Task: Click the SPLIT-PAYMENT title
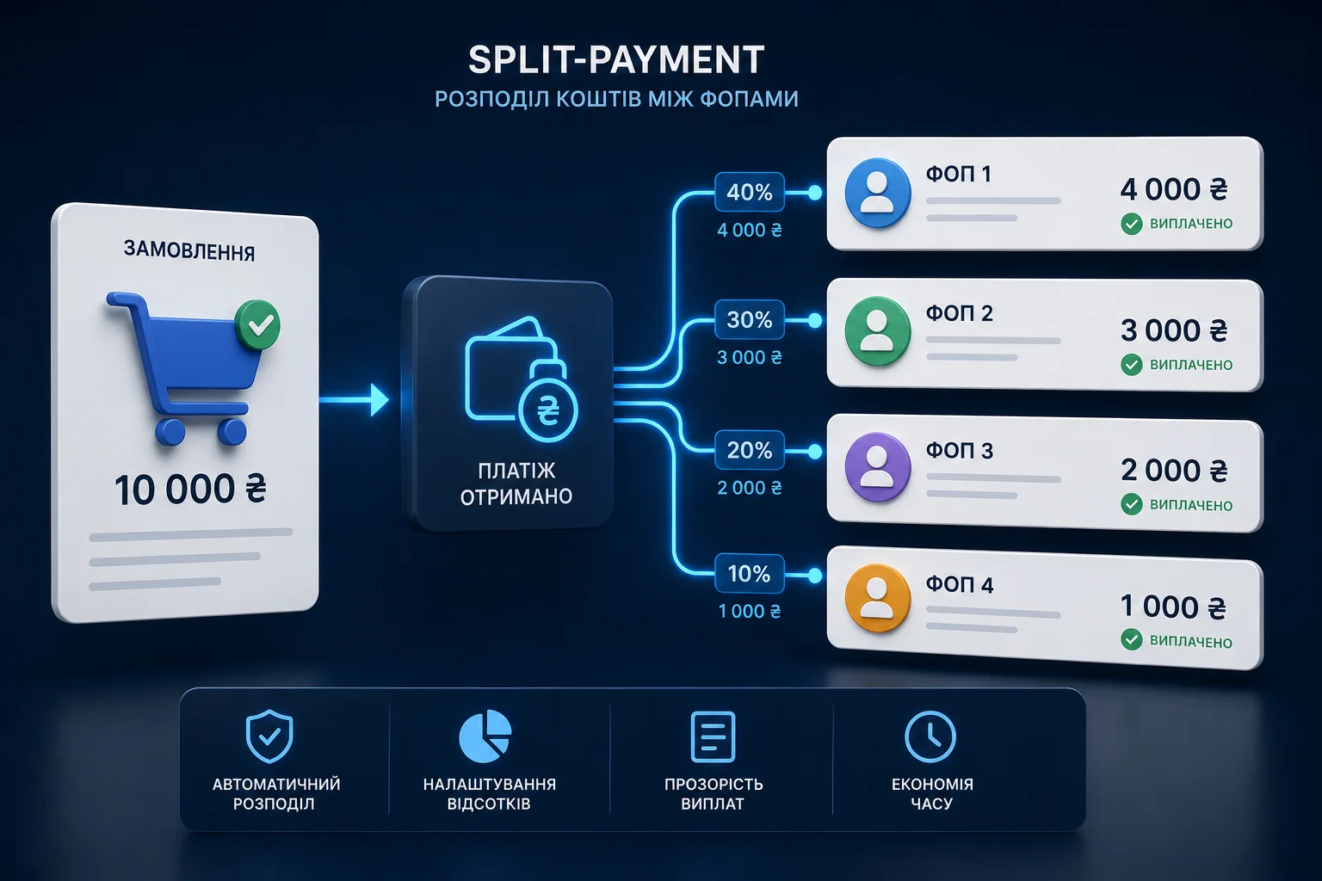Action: (616, 59)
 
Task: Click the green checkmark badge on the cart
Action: (257, 324)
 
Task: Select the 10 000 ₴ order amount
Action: (190, 490)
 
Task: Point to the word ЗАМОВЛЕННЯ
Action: (189, 250)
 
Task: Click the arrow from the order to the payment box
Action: (354, 399)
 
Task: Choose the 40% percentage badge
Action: (750, 192)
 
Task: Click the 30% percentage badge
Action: (750, 320)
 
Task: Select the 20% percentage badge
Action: (750, 451)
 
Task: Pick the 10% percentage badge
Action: (750, 574)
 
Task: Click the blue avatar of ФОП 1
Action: (878, 193)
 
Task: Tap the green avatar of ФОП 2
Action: (878, 331)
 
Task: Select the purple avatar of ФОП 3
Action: (878, 467)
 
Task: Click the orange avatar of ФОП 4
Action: (878, 598)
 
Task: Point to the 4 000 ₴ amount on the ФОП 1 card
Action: (1174, 189)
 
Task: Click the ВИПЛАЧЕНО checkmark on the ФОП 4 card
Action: (1132, 640)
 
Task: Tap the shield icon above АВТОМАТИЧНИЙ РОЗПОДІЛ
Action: (269, 736)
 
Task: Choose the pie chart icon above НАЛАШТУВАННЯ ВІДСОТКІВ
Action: (485, 736)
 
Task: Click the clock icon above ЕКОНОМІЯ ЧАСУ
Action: (930, 736)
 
